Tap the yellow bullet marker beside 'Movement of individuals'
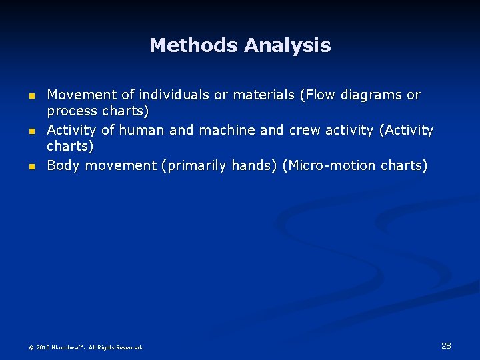coord(31,96)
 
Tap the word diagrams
coord(371,95)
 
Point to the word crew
coord(305,130)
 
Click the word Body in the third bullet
coord(63,165)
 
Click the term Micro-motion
coord(330,165)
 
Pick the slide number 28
coord(446,345)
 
